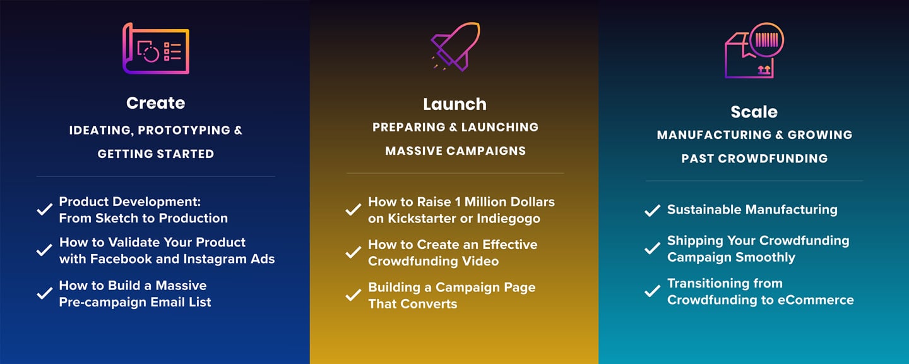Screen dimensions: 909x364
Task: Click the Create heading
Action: coord(155,103)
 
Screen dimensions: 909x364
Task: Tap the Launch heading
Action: coord(454,104)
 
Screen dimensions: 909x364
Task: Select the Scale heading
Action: coord(754,112)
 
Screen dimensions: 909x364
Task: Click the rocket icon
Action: coord(456,46)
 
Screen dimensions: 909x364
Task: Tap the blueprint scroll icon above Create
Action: coord(156,48)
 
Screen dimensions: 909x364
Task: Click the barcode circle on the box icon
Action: coord(766,40)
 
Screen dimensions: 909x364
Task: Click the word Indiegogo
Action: coord(509,219)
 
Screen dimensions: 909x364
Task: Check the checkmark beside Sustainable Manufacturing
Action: coord(652,210)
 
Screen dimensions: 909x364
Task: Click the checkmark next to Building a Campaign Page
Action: coord(353,295)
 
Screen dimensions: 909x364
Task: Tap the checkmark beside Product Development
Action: coord(44,209)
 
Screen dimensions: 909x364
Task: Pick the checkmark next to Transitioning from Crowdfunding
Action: coord(652,291)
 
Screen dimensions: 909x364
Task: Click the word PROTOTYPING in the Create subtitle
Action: coord(184,130)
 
